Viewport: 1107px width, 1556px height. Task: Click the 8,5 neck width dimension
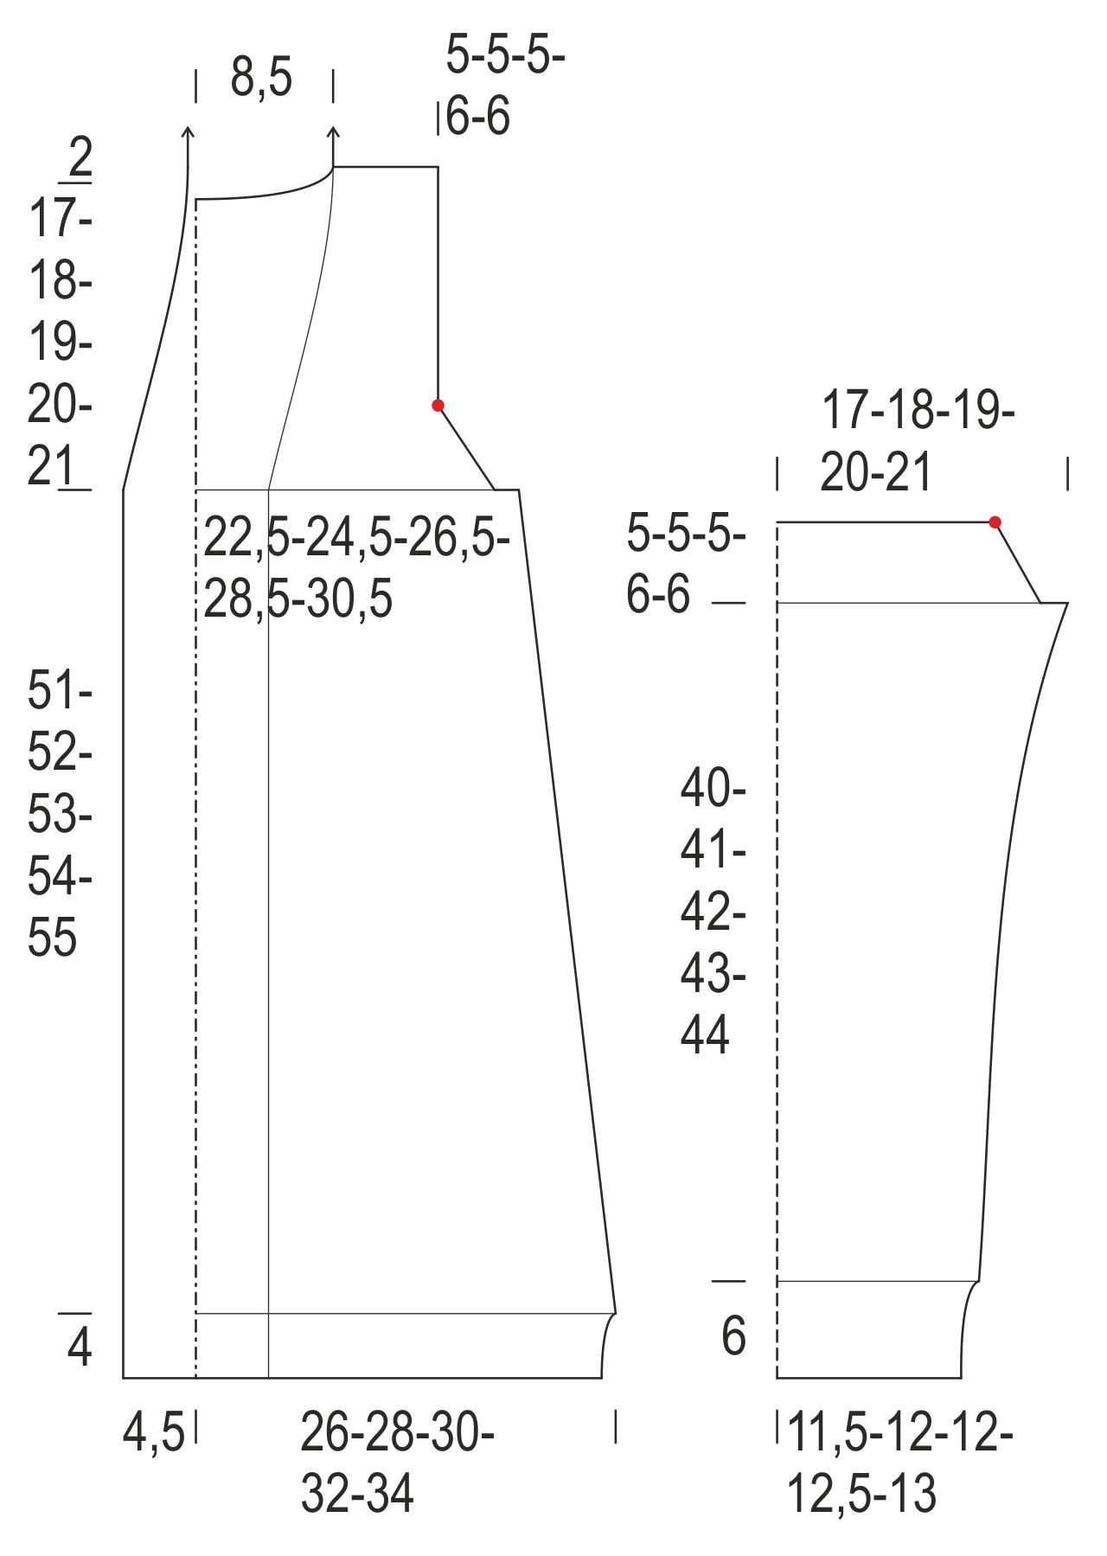coord(261,77)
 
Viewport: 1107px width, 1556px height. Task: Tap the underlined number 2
coord(79,158)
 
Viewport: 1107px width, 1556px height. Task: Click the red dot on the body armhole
coord(438,405)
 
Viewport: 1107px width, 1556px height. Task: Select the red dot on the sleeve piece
coord(995,522)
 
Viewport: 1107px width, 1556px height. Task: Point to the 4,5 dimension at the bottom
coord(153,1432)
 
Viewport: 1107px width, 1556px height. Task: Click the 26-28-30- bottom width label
coord(397,1432)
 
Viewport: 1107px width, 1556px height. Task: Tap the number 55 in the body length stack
coord(52,937)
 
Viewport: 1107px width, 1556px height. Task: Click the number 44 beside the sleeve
coord(704,1034)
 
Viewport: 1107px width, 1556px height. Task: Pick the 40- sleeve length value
coord(713,787)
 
